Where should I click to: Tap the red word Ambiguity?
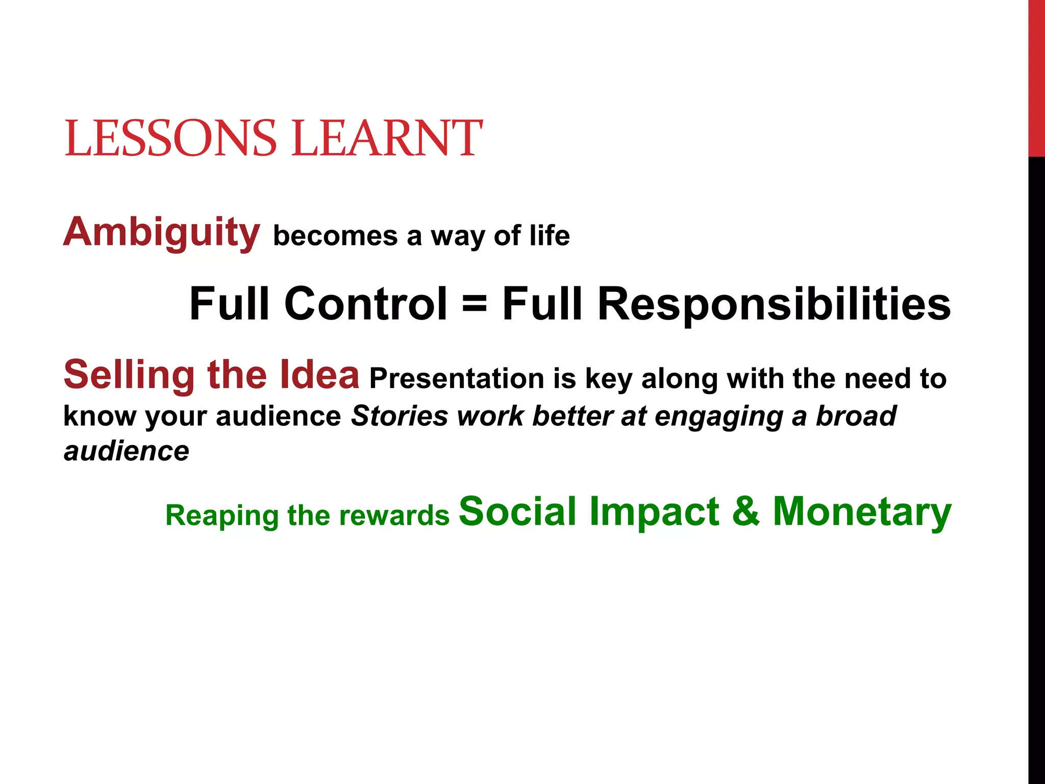[161, 233]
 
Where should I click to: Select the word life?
[550, 236]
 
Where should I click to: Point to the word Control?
[366, 304]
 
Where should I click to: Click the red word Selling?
[129, 375]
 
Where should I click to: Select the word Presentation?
[457, 379]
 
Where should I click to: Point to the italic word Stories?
[400, 416]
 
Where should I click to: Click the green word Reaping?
[221, 516]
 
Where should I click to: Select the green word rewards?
[394, 516]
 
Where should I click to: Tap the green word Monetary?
[862, 511]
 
